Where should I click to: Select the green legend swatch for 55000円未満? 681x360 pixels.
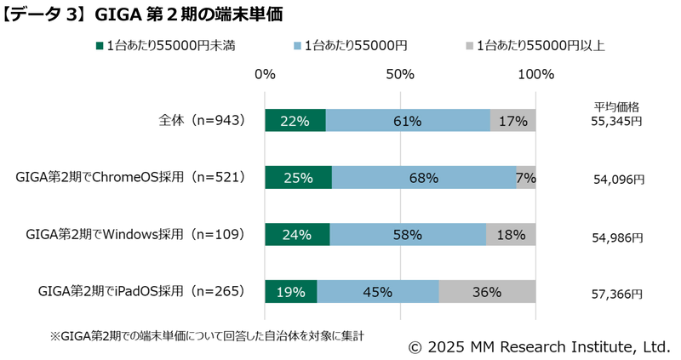(x=100, y=45)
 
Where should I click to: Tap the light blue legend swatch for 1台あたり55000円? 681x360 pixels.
(x=295, y=45)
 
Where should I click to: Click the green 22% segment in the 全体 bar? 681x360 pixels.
(x=295, y=121)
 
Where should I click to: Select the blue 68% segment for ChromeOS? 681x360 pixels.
(x=423, y=178)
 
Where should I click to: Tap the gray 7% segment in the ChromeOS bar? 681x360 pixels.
(x=526, y=178)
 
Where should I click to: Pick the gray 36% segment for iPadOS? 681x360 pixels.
(x=487, y=292)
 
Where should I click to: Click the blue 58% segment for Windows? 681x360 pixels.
(x=408, y=234)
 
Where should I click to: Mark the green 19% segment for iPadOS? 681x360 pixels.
(x=290, y=292)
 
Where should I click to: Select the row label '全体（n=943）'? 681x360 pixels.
(x=196, y=121)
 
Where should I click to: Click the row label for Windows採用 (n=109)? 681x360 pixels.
(x=135, y=234)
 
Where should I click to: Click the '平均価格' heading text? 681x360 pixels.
(x=616, y=107)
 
